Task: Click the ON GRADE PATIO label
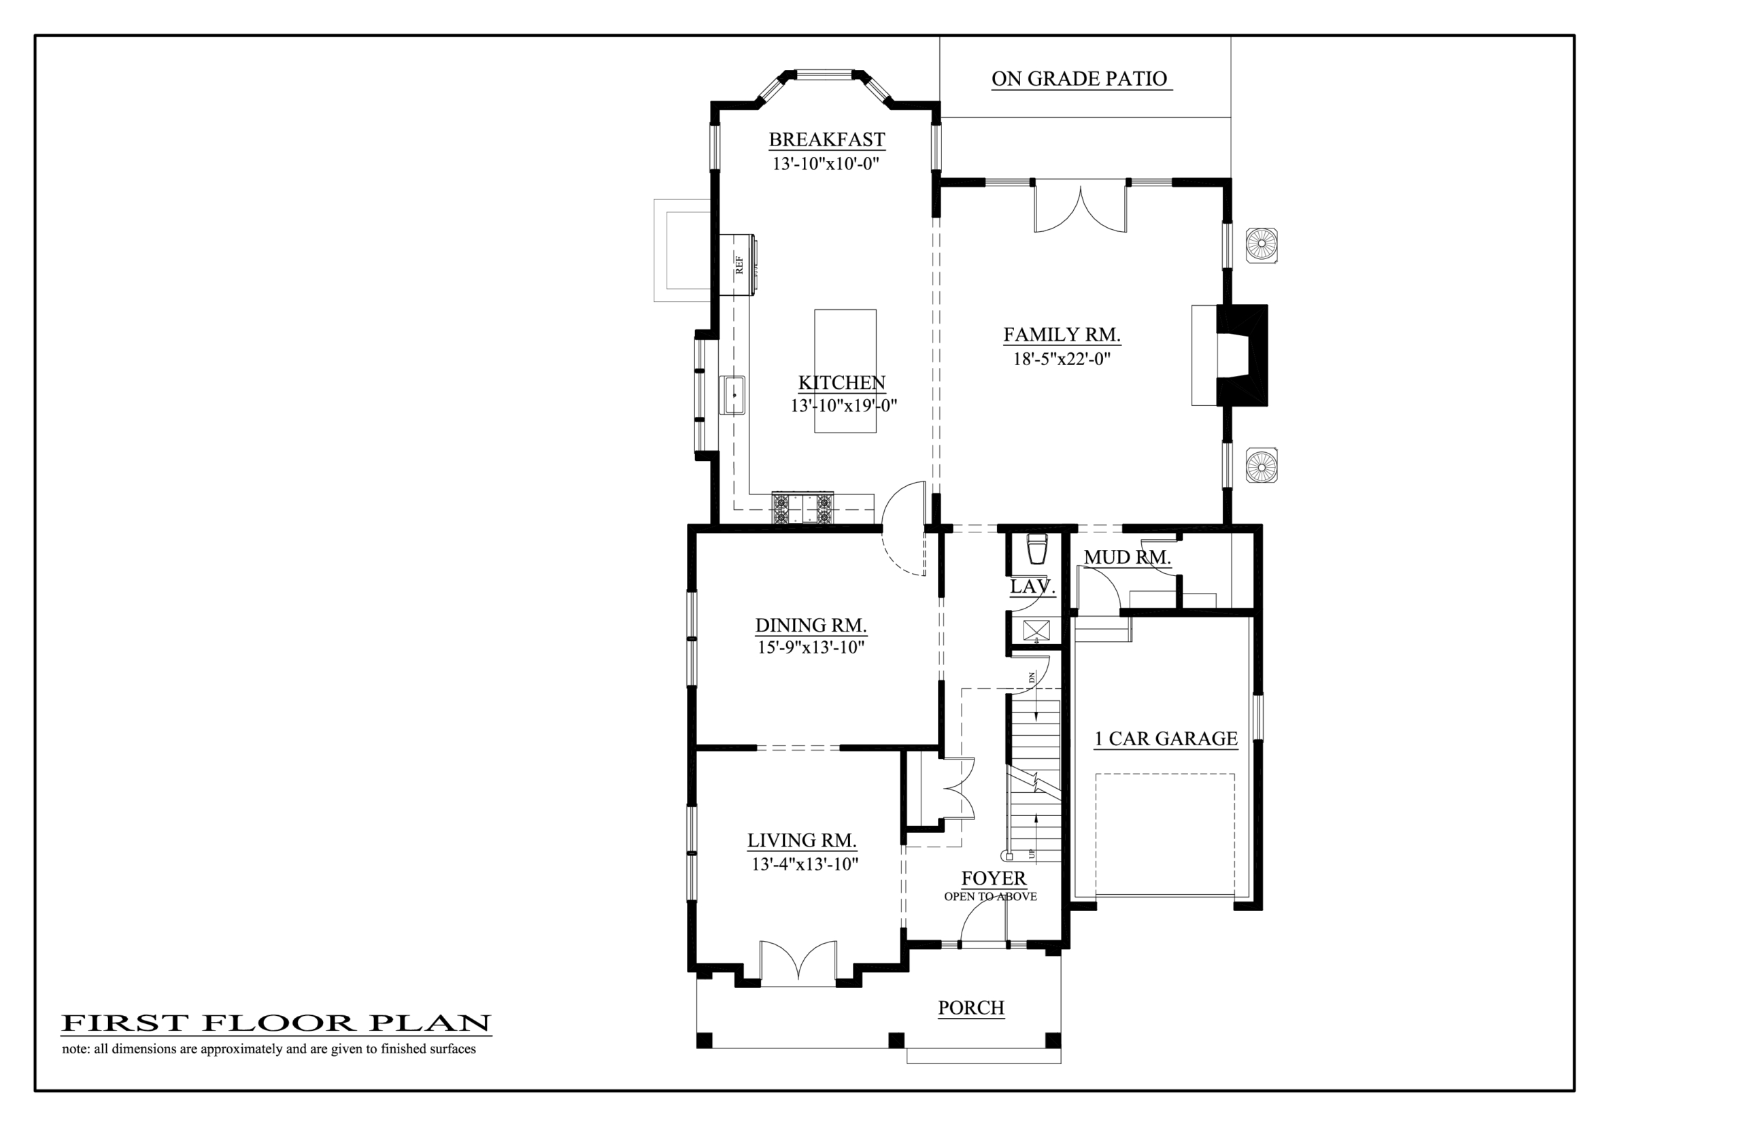coord(1079,79)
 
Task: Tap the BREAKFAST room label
coord(827,139)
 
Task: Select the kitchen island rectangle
coord(845,371)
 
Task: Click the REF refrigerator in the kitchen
coord(737,265)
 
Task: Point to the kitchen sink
coord(732,395)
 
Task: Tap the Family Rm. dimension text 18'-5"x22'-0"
coord(1062,359)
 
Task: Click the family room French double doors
coord(1080,207)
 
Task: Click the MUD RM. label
coord(1127,558)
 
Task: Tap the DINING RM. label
coord(811,626)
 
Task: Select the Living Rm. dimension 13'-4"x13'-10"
coord(805,864)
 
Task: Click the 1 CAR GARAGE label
coord(1166,739)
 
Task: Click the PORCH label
coord(971,1008)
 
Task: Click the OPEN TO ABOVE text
coord(990,897)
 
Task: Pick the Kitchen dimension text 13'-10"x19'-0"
coord(843,406)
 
